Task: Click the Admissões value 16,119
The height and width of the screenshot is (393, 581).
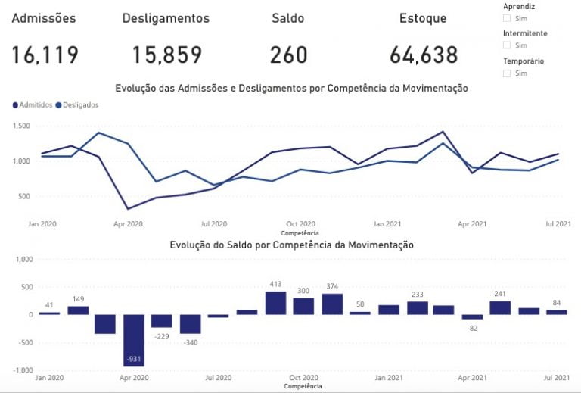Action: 45,55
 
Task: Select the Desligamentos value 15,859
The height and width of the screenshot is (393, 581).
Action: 167,55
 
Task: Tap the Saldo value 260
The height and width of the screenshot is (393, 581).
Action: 288,55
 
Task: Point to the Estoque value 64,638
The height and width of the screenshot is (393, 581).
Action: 424,55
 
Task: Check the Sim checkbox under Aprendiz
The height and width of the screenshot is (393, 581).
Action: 507,18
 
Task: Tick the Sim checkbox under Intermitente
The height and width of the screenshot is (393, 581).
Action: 507,45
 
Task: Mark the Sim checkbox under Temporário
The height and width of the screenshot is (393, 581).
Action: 507,73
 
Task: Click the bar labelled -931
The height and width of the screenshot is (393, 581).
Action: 134,340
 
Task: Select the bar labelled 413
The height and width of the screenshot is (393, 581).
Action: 275,303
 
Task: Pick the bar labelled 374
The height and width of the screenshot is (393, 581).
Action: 332,304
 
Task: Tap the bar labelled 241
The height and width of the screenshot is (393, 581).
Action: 500,307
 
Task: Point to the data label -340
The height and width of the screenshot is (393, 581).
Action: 191,342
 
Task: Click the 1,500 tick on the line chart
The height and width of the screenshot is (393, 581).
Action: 21,126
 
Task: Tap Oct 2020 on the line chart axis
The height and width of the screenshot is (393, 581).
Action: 301,224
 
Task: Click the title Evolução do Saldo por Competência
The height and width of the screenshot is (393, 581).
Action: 291,245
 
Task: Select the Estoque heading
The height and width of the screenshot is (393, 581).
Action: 423,18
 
